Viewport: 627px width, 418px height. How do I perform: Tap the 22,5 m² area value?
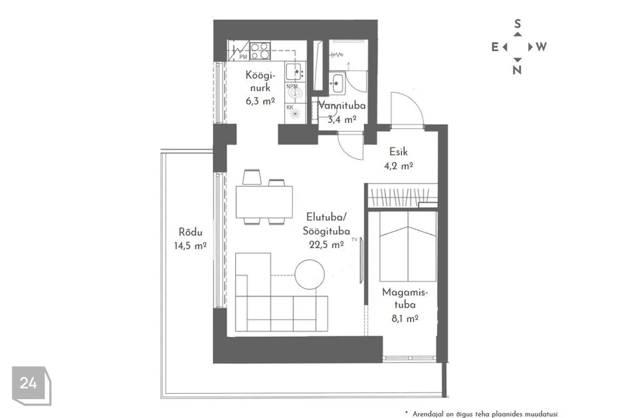click(327, 244)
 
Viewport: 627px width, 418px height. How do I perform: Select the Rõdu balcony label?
click(190, 232)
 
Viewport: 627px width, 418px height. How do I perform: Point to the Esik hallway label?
click(398, 152)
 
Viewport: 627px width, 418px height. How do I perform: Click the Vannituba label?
click(342, 106)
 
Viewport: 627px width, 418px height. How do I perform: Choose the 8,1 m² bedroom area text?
click(405, 319)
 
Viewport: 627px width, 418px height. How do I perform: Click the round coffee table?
click(310, 274)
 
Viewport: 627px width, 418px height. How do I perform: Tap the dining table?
click(264, 202)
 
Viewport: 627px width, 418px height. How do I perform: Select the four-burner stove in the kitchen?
click(260, 51)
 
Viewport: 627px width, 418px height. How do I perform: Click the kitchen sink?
click(295, 72)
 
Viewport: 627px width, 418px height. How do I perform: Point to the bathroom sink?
click(337, 83)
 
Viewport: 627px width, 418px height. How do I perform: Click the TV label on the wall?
click(355, 240)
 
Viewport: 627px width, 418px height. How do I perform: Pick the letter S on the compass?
click(517, 24)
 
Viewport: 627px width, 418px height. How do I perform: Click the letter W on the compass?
click(541, 47)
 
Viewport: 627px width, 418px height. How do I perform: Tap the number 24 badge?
click(28, 383)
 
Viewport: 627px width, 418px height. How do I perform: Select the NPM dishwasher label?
click(292, 86)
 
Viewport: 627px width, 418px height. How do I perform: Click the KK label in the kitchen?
click(290, 107)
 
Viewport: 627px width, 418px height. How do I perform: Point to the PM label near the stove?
click(243, 57)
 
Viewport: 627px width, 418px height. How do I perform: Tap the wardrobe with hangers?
click(402, 196)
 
